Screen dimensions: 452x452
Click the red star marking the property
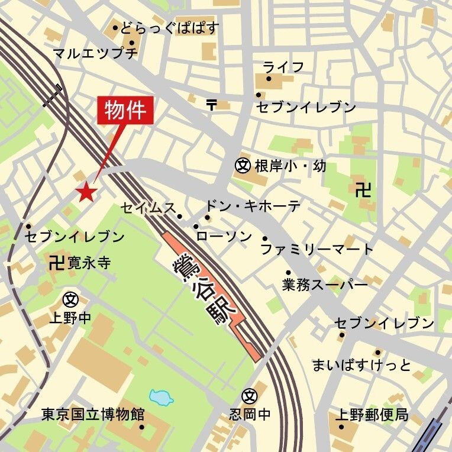86,191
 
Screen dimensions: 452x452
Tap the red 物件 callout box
125,110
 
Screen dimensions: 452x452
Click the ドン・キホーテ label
253,206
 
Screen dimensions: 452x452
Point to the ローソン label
224,237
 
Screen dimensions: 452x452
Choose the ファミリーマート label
317,248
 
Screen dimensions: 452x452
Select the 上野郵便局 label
372,414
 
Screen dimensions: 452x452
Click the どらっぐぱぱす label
170,28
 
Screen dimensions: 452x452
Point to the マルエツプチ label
95,54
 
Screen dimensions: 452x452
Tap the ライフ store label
284,66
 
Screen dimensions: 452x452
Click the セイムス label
148,208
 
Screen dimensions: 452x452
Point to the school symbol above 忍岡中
250,395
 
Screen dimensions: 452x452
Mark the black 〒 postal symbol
212,105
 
